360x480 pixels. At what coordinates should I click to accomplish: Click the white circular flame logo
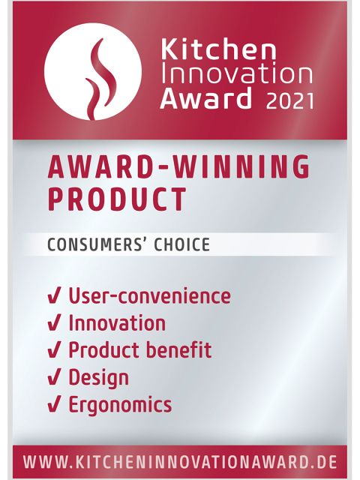[93, 71]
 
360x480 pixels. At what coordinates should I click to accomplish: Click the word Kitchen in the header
[218, 49]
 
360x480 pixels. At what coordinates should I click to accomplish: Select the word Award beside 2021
[205, 98]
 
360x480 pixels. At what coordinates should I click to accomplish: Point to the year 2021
[290, 101]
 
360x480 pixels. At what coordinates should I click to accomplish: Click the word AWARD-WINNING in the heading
[178, 167]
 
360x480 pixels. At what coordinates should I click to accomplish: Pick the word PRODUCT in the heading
[117, 199]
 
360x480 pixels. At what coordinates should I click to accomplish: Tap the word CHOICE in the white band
[181, 244]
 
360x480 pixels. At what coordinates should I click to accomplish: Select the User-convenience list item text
[149, 295]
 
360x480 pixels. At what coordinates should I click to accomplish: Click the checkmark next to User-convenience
[54, 296]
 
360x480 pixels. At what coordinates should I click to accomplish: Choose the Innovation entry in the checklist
[117, 323]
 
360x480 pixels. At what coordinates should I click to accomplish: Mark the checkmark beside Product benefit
[54, 350]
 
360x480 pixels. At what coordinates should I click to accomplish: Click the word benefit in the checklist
[178, 349]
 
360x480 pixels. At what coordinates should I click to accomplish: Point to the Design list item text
[98, 378]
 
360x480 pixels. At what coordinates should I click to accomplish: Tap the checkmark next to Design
[54, 377]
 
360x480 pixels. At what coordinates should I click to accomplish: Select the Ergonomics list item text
[120, 405]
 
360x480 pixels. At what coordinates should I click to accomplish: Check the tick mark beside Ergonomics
[54, 404]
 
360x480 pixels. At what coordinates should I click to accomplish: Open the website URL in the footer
[180, 462]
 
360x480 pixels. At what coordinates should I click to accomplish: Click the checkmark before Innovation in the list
[54, 323]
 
